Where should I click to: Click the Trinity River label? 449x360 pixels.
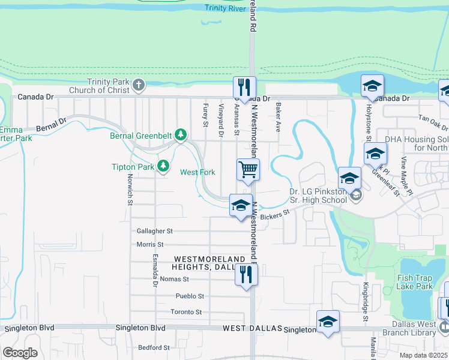tap(225, 7)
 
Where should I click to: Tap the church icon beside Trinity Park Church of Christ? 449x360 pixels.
tap(139, 85)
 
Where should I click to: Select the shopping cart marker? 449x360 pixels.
tap(248, 169)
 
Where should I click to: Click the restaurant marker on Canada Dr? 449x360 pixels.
tap(245, 87)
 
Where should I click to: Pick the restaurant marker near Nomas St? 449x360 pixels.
tap(246, 274)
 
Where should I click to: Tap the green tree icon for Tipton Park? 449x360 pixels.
tap(163, 166)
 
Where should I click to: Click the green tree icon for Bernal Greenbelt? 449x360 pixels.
tap(179, 136)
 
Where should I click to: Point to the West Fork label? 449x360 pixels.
tap(197, 172)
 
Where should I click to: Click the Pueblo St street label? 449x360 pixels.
tap(190, 296)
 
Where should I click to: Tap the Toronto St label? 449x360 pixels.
tap(186, 312)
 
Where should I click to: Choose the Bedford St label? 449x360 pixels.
tap(154, 347)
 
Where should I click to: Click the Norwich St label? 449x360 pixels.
tap(129, 189)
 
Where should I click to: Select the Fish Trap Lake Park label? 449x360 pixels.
tap(415, 282)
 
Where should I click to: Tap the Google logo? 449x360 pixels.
tap(20, 353)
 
